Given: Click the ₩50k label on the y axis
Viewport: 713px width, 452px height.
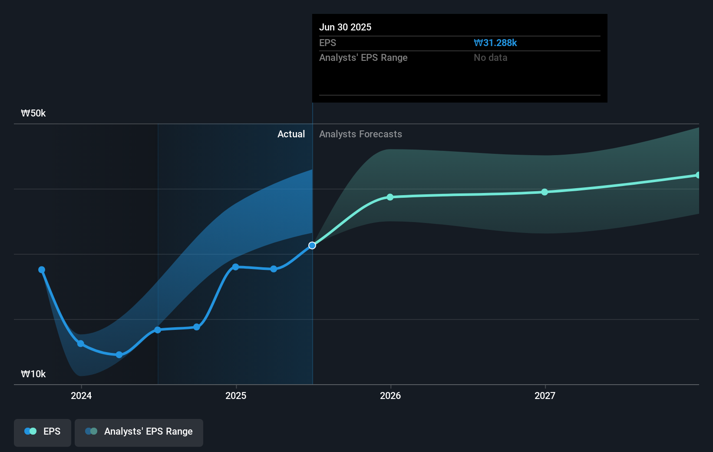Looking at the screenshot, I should tap(33, 113).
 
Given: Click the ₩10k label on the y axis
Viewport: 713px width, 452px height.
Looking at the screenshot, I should tap(33, 374).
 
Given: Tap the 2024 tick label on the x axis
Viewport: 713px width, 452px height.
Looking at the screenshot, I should tap(81, 395).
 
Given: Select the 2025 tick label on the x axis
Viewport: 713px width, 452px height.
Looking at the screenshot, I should tap(236, 395).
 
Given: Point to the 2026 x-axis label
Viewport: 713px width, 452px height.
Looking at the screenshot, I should tap(390, 395).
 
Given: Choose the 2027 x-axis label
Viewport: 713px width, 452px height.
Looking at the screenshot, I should tap(545, 395).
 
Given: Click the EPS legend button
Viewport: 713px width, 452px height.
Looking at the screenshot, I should tap(43, 432).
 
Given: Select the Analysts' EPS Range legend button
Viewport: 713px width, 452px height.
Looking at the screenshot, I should tap(139, 432).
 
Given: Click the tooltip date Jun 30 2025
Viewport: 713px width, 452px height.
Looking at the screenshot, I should tap(345, 27).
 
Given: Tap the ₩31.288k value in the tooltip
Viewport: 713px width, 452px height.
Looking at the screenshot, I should tap(495, 43).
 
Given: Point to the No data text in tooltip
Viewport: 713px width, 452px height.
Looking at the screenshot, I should tap(490, 57).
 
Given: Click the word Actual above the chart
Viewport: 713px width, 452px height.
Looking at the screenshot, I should tap(291, 134).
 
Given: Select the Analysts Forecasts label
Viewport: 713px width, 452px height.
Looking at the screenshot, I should tap(360, 134).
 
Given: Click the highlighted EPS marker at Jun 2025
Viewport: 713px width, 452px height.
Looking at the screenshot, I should tap(312, 246).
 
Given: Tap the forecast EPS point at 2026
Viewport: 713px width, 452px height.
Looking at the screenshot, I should tap(390, 197).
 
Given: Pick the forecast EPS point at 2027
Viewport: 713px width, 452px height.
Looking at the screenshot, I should tap(545, 192).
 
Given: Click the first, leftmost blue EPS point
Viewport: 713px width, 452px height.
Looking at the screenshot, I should tap(42, 270).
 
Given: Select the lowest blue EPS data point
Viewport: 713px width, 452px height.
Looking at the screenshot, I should tap(119, 355).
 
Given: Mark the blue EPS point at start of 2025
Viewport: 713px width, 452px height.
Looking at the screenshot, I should tap(235, 267).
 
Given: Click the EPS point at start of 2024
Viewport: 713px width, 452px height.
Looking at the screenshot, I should tap(81, 344).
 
